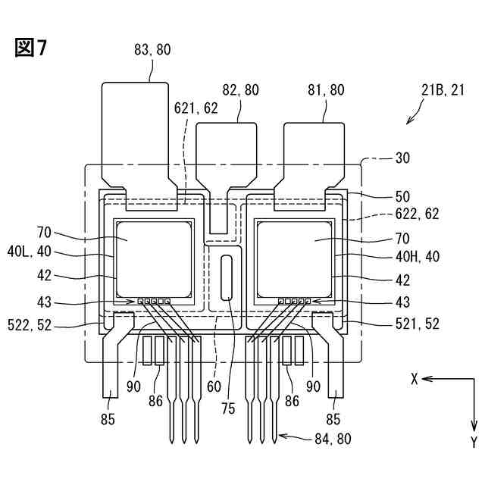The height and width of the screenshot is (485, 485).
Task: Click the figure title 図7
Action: click(x=31, y=48)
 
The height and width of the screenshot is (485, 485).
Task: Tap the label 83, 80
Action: click(x=152, y=49)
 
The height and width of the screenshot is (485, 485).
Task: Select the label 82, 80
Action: click(x=239, y=89)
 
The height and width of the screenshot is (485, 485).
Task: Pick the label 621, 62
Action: click(x=196, y=108)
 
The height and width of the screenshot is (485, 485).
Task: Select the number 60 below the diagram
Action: click(x=214, y=386)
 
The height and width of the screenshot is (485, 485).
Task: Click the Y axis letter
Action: click(x=473, y=442)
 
